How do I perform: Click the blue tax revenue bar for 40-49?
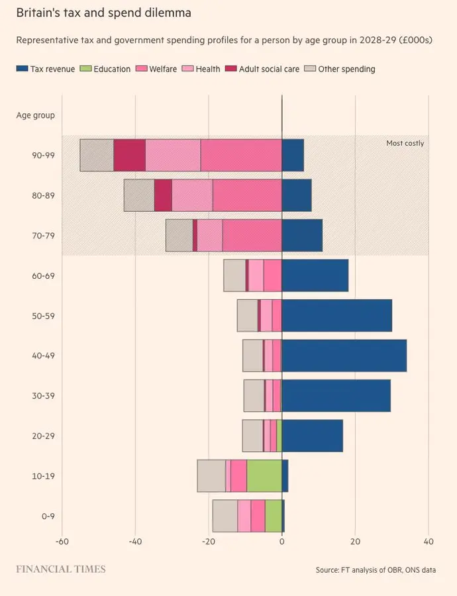point(344,356)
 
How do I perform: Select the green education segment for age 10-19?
point(264,476)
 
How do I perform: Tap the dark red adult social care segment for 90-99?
point(129,156)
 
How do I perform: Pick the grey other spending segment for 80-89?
point(139,195)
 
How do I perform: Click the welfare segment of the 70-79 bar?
point(252,235)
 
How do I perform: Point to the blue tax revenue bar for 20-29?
point(312,436)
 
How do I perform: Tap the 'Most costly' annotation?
point(405,143)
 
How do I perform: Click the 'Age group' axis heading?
point(35,115)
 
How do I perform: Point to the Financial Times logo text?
point(60,569)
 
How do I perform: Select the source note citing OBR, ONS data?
point(376,570)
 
